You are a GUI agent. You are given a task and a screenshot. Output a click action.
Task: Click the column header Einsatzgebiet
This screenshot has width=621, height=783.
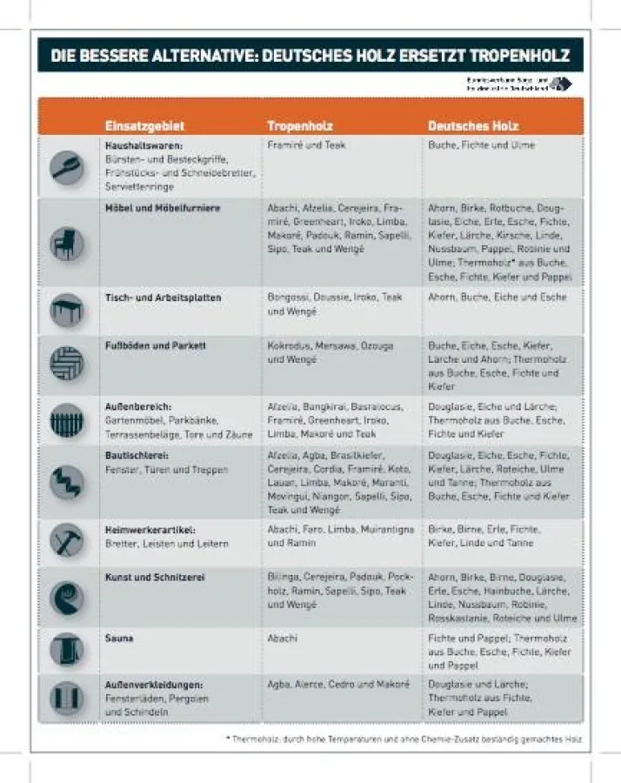coord(144,125)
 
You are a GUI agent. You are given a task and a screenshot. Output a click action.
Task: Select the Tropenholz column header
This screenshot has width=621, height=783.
coord(299,125)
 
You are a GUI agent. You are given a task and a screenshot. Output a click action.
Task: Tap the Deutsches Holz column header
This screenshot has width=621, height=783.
coord(473,125)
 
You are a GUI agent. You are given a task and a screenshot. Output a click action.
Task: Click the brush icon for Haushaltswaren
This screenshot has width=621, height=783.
coord(67,166)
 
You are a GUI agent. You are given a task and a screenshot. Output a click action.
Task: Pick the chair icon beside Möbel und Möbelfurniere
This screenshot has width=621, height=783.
coord(67,243)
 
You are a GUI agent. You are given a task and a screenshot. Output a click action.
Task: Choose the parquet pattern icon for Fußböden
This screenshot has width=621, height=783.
coord(67,364)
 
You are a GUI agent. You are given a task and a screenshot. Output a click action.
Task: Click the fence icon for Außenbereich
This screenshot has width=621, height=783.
coord(67,422)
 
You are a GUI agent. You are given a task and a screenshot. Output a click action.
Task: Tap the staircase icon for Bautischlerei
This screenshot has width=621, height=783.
coord(67,481)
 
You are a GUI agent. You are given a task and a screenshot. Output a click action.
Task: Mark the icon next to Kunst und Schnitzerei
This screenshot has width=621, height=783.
coord(67,597)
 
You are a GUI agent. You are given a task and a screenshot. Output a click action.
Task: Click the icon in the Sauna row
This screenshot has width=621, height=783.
coord(67,649)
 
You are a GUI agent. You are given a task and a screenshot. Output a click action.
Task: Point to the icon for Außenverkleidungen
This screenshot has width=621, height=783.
coord(67,698)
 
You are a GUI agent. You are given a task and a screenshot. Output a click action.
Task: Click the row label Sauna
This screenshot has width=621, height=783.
coord(119,639)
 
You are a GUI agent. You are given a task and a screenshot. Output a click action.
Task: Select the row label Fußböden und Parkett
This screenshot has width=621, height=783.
coord(155,345)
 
